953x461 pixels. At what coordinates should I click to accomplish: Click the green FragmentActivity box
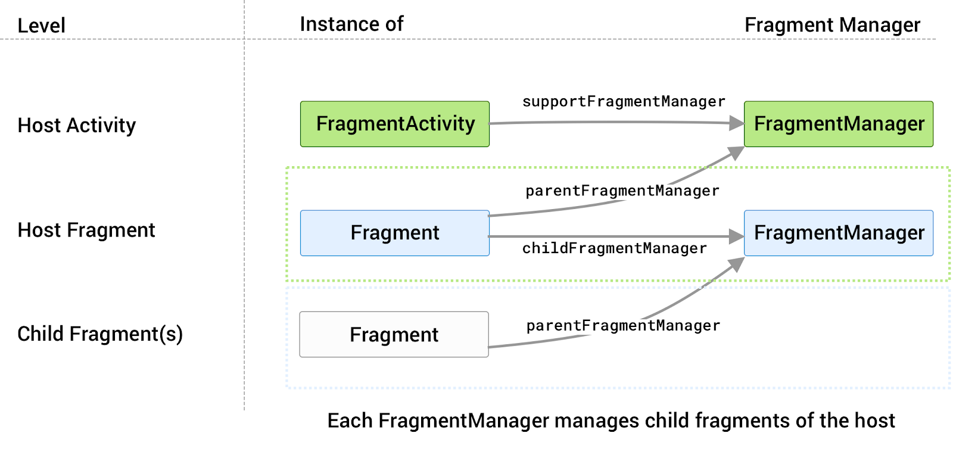click(x=394, y=124)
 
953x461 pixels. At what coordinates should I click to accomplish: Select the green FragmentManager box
click(x=838, y=124)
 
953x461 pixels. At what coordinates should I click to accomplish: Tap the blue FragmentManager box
click(x=838, y=233)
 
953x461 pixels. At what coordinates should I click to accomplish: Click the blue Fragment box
click(x=394, y=233)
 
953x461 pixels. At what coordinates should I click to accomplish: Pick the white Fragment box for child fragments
click(x=394, y=335)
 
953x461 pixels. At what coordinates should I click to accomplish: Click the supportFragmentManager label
click(x=624, y=102)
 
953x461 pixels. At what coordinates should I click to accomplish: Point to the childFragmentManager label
click(x=614, y=248)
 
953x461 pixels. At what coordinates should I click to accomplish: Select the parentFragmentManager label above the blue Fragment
click(x=622, y=191)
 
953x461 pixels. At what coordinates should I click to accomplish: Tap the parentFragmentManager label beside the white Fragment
click(x=623, y=326)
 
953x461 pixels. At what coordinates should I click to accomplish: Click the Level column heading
click(x=41, y=26)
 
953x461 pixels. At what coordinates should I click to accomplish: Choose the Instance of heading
click(x=351, y=24)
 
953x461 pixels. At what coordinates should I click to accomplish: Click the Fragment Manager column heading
click(x=832, y=25)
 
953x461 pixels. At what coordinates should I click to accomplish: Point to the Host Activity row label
click(x=76, y=126)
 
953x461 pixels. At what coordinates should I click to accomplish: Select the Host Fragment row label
click(x=86, y=230)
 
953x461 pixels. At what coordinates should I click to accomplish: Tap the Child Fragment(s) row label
click(x=99, y=334)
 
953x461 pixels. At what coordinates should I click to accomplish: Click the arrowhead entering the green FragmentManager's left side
click(x=737, y=123)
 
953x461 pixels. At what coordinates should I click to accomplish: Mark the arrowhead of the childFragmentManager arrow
click(x=737, y=237)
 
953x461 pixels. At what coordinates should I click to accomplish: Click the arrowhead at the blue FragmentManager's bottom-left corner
click(x=737, y=264)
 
